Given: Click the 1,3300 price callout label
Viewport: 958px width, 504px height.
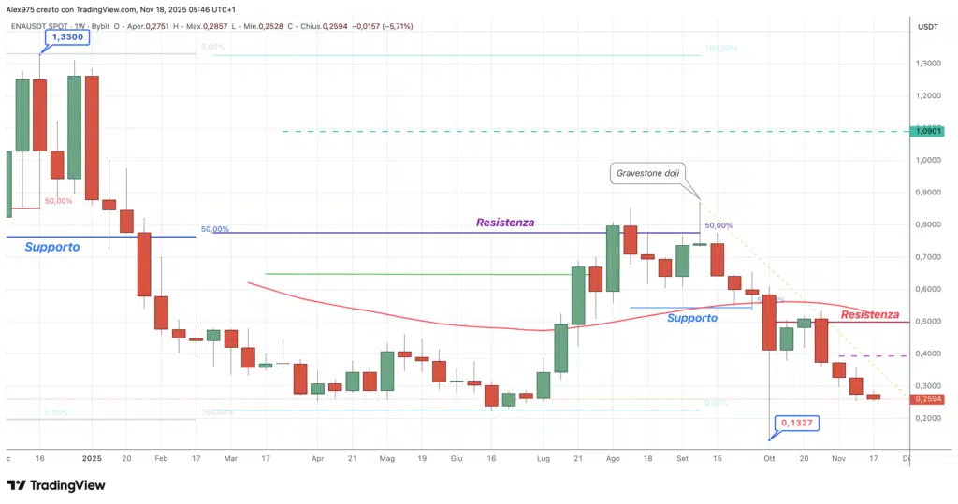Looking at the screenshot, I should [66, 36].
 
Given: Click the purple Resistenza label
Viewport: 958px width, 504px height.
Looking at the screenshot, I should [505, 223].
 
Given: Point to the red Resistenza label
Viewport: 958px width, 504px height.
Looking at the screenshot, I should [870, 315].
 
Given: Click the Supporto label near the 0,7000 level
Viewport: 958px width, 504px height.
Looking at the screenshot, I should [52, 248].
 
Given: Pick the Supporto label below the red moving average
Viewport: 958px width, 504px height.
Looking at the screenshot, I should [692, 318].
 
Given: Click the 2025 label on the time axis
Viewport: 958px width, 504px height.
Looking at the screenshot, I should [91, 459].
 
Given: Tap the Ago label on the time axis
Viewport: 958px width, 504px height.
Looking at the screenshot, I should [614, 459].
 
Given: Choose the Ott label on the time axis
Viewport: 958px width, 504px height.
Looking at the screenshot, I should [769, 459].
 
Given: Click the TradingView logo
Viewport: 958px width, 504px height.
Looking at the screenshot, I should [56, 485].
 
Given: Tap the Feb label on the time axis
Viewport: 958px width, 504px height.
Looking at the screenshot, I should [161, 459].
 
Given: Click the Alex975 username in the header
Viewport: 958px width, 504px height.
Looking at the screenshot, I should [22, 8].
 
